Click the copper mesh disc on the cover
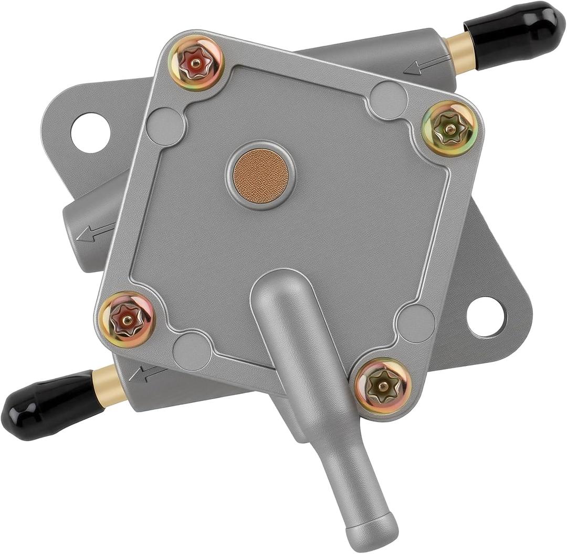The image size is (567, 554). [261, 175]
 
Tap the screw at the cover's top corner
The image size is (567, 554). [196, 63]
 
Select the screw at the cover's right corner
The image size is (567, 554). [449, 128]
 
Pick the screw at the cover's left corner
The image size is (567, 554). [127, 319]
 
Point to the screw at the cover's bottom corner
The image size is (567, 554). [383, 386]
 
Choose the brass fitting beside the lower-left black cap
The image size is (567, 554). [109, 387]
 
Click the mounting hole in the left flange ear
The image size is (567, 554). [90, 133]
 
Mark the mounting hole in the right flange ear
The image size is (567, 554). [486, 317]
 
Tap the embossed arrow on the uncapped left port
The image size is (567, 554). [95, 233]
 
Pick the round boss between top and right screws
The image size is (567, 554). [388, 100]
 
